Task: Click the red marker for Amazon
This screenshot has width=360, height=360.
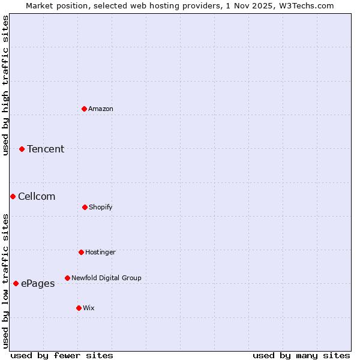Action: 85,109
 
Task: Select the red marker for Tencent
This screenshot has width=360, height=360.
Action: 22,149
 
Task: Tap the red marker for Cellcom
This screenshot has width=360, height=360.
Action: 13,196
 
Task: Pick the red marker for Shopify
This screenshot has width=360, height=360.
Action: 85,207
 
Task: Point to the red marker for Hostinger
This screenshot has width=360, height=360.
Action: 81,252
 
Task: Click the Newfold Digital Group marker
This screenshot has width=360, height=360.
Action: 67,278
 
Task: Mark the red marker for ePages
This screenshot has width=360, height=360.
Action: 16,283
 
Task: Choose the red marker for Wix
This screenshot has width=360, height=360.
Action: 79,308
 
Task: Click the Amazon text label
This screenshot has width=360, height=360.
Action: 101,109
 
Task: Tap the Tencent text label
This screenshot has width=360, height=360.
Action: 46,149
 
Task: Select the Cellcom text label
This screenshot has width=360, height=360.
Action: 37,196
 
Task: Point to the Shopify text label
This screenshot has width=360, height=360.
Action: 101,207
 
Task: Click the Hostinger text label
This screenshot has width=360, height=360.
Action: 100,252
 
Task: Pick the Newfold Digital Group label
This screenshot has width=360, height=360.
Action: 106,278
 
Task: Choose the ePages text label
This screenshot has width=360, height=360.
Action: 38,283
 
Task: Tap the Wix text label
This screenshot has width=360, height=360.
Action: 89,308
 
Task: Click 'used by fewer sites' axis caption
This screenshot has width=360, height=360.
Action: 62,355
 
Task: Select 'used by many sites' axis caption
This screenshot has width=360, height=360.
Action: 301,355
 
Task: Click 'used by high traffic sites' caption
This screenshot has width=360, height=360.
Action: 5,85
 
